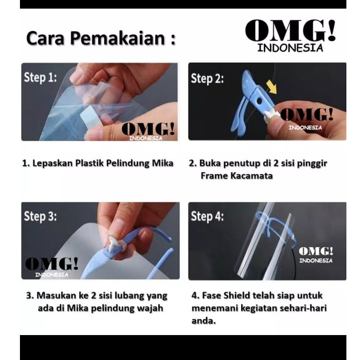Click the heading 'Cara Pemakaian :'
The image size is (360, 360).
101,38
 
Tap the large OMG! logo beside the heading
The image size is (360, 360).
290,35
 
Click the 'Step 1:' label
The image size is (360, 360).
40,77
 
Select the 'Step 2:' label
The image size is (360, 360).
207,78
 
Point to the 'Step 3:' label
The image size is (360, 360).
40,217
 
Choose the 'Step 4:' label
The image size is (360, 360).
207,217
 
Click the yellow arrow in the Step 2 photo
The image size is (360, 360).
272,87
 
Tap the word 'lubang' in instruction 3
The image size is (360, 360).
130,296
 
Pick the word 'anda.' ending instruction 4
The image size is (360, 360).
204,321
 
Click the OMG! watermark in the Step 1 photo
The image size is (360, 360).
148,131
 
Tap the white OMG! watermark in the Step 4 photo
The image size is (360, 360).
316,255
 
